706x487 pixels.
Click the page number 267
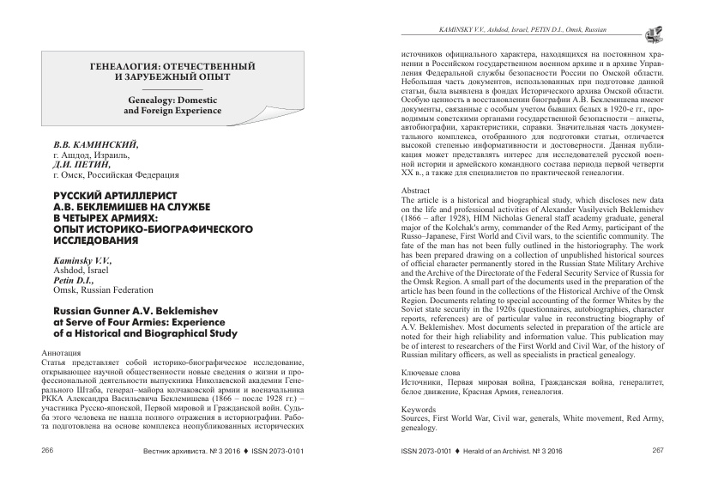658,473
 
